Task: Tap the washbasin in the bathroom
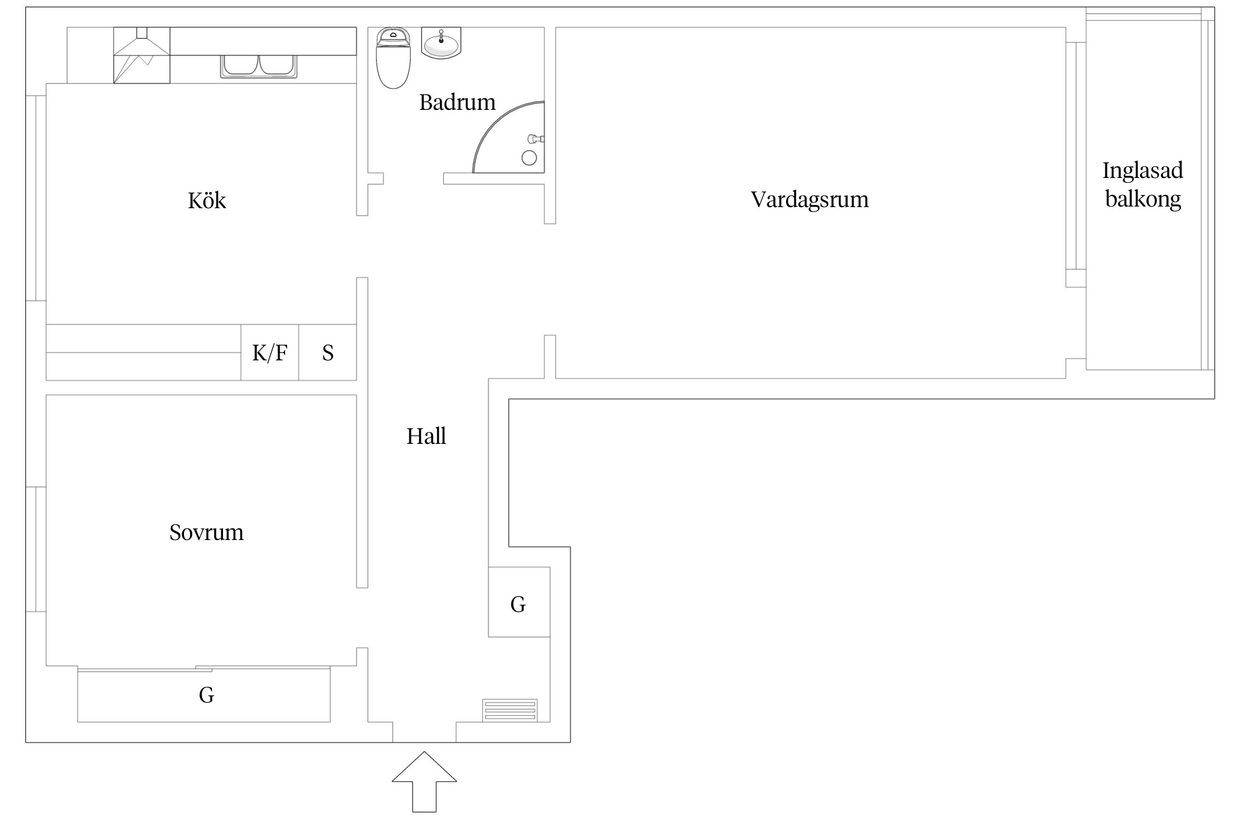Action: click(x=441, y=43)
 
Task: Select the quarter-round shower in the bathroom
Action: click(x=514, y=140)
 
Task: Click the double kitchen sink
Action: click(x=259, y=66)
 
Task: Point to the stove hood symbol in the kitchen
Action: click(x=142, y=55)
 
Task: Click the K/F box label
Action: click(x=270, y=353)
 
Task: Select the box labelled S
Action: click(x=328, y=353)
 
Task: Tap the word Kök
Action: click(x=207, y=201)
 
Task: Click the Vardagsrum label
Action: click(x=809, y=199)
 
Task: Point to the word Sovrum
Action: click(x=206, y=532)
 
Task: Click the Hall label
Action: click(x=426, y=436)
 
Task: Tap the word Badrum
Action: click(x=457, y=102)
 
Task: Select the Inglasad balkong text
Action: click(x=1143, y=185)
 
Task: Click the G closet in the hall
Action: click(x=519, y=604)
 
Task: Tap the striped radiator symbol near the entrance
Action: click(x=509, y=710)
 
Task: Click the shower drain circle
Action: click(x=529, y=158)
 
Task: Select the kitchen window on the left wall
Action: click(x=36, y=198)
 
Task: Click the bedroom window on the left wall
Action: click(x=36, y=549)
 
